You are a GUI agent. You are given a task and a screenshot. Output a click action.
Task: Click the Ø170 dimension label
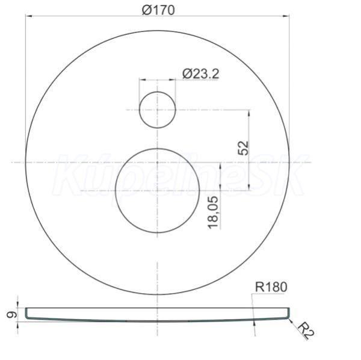(x=158, y=10)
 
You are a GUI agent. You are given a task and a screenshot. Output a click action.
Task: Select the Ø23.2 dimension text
(x=200, y=74)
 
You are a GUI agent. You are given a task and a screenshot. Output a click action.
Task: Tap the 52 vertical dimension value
(x=243, y=148)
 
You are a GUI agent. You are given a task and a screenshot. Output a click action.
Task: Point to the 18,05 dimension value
(x=213, y=213)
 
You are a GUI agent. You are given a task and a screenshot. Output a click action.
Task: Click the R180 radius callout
(x=271, y=287)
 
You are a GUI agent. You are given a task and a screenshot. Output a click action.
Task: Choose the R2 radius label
(x=306, y=331)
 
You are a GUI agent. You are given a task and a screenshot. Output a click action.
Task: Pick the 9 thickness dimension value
(x=11, y=315)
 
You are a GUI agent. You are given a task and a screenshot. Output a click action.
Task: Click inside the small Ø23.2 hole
(x=158, y=110)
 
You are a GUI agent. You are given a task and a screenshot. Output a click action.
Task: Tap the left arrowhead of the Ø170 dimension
(x=28, y=16)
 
